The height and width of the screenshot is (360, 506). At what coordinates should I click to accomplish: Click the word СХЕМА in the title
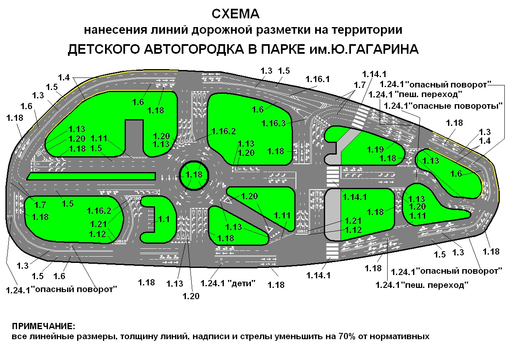(x=235, y=14)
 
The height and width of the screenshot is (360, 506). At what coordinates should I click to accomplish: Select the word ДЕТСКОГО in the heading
(x=103, y=49)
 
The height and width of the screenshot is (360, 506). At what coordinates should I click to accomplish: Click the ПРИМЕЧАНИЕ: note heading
(x=44, y=325)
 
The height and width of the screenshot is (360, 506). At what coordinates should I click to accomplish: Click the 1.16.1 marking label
(x=318, y=79)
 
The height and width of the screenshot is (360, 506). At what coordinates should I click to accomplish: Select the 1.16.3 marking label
(x=274, y=123)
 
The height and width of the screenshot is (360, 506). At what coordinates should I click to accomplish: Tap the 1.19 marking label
(x=375, y=149)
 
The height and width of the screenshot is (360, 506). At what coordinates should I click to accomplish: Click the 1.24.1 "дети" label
(x=228, y=283)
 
